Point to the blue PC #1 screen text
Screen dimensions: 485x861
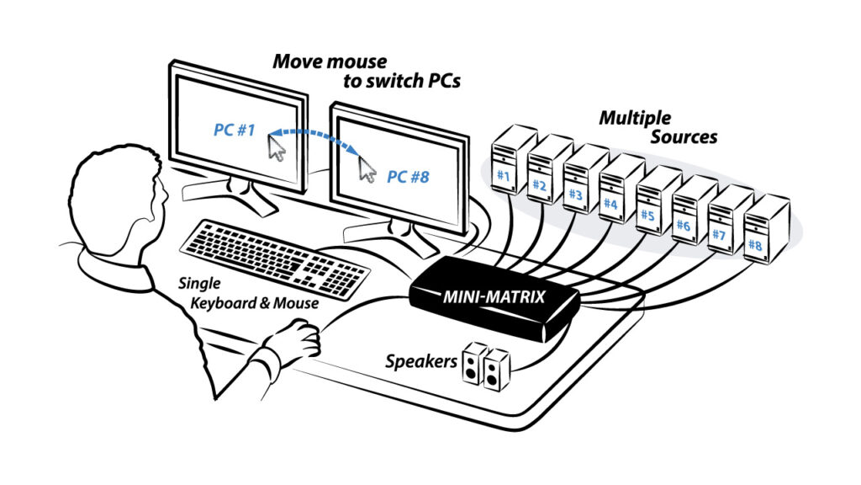tap(235, 131)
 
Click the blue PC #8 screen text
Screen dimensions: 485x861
tap(408, 177)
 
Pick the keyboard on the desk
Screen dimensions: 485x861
tap(274, 256)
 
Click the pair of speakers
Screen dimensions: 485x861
tap(485, 365)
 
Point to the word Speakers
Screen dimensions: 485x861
tap(420, 363)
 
